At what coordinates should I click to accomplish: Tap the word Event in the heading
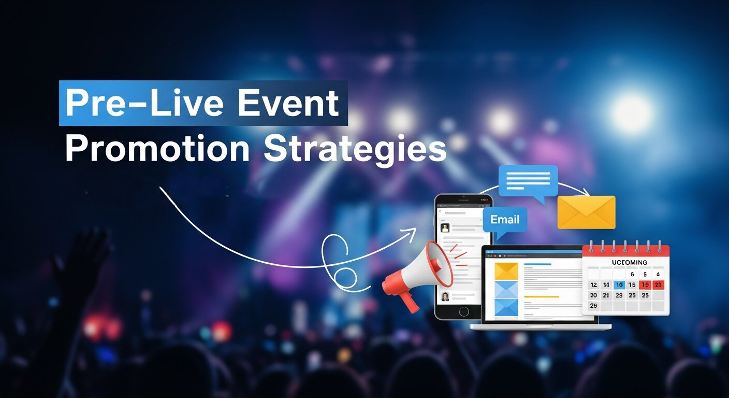click(x=288, y=104)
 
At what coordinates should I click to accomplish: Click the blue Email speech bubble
click(x=505, y=219)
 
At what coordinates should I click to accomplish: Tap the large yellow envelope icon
click(x=586, y=212)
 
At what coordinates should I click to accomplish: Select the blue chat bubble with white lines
click(x=528, y=181)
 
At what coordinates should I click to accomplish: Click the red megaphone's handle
click(x=409, y=301)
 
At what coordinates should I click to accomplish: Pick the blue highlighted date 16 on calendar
click(x=619, y=285)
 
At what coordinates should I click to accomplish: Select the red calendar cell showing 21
click(x=658, y=285)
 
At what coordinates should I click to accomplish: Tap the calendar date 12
click(x=593, y=285)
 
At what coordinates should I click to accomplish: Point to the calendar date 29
click(x=593, y=306)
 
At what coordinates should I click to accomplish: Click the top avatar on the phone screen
click(x=445, y=228)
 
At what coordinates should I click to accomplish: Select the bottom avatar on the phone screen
click(x=445, y=296)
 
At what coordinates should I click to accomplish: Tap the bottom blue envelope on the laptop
click(x=506, y=307)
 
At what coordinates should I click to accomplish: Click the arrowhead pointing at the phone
click(x=412, y=232)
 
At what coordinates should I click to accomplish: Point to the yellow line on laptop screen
click(x=542, y=296)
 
